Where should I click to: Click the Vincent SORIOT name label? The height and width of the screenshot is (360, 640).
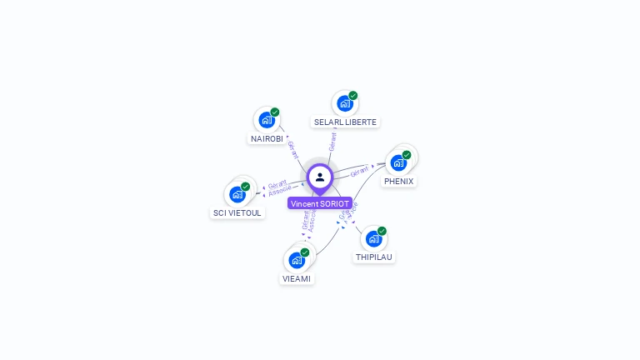pyautogui.click(x=320, y=203)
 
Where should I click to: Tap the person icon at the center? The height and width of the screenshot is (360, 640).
pyautogui.click(x=320, y=177)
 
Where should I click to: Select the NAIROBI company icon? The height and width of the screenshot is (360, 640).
pyautogui.click(x=266, y=119)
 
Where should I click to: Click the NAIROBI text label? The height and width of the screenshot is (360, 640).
pyautogui.click(x=267, y=139)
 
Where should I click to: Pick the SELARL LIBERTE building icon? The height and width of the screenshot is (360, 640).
pyautogui.click(x=344, y=103)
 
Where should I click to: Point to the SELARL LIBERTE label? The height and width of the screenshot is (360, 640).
pyautogui.click(x=345, y=122)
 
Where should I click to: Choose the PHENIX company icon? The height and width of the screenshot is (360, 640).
pyautogui.click(x=398, y=162)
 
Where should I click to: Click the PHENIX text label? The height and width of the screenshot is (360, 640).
pyautogui.click(x=398, y=182)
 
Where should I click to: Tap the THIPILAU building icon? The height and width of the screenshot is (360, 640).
pyautogui.click(x=373, y=238)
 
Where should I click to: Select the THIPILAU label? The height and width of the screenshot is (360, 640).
pyautogui.click(x=373, y=257)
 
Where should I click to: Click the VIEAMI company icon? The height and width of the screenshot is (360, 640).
pyautogui.click(x=297, y=259)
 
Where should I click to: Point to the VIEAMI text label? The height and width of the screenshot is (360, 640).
pyautogui.click(x=297, y=278)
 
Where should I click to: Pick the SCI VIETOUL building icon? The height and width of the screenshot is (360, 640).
pyautogui.click(x=237, y=194)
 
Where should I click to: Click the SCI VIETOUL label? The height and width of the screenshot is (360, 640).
pyautogui.click(x=237, y=213)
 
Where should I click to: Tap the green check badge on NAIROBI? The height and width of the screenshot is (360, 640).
pyautogui.click(x=275, y=112)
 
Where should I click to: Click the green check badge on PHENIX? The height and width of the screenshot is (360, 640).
pyautogui.click(x=407, y=154)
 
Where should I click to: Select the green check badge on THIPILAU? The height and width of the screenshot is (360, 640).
pyautogui.click(x=382, y=231)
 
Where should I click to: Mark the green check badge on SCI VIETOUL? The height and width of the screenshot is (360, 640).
pyautogui.click(x=245, y=187)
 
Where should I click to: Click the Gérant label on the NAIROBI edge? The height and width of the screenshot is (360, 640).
pyautogui.click(x=292, y=150)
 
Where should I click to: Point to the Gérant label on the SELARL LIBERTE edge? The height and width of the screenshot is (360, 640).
pyautogui.click(x=332, y=142)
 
